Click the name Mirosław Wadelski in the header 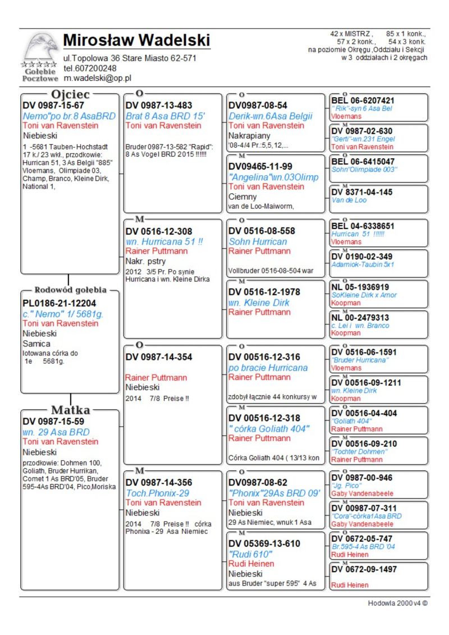pyautogui.click(x=136, y=41)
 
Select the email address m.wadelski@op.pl pyautogui.click(x=97, y=78)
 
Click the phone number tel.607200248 pyautogui.click(x=90, y=68)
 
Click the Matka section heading pyautogui.click(x=70, y=410)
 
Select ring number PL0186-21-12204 pyautogui.click(x=59, y=303)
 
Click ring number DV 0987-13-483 pyautogui.click(x=159, y=106)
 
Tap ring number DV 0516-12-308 pyautogui.click(x=159, y=231)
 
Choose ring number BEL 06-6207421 pyautogui.click(x=363, y=101)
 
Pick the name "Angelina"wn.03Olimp pyautogui.click(x=273, y=177)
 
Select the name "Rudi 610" pyautogui.click(x=251, y=554)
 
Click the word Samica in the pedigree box pyautogui.click(x=36, y=343)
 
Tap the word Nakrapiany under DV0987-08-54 pyautogui.click(x=249, y=135)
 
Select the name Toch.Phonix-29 pyautogui.click(x=157, y=492)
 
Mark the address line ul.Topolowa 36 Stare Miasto pyautogui.click(x=130, y=58)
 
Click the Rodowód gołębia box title pyautogui.click(x=70, y=290)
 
